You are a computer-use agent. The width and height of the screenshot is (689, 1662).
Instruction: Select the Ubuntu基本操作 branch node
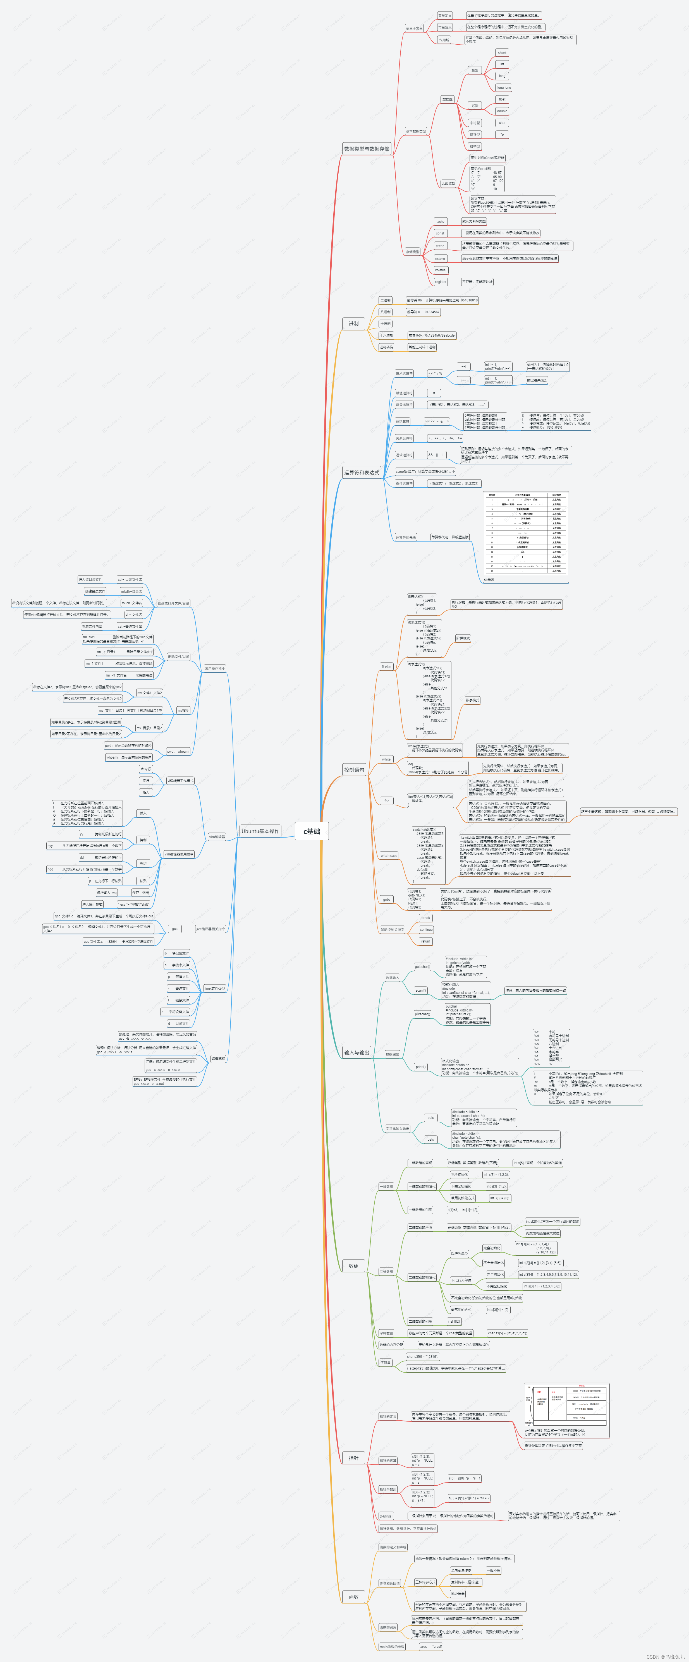(x=260, y=831)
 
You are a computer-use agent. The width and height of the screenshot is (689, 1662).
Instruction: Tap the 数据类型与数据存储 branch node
(x=367, y=148)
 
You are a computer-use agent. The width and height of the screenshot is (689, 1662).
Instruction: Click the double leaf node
(x=502, y=111)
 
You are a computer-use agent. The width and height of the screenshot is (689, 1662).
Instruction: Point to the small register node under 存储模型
(x=441, y=282)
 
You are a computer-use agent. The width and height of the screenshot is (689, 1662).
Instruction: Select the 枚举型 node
(x=475, y=147)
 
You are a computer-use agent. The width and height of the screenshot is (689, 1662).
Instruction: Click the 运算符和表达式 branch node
(x=361, y=472)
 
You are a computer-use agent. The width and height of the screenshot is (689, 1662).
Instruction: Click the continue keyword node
(x=426, y=930)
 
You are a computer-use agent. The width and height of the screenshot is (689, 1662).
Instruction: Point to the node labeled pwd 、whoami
(x=178, y=751)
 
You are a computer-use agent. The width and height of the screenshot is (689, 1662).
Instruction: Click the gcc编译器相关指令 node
(x=210, y=929)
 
